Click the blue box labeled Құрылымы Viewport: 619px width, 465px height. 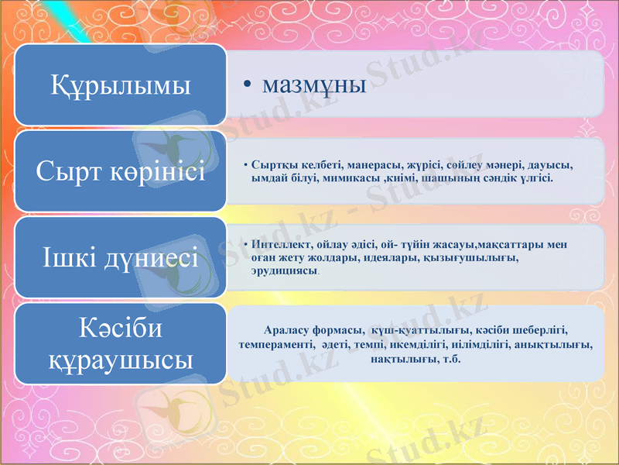pos(120,84)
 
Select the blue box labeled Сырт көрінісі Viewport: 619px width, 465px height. pos(120,171)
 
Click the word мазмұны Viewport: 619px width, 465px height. pos(314,84)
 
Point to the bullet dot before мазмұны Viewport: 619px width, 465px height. pos(245,85)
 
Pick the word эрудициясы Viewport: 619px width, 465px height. pos(284,270)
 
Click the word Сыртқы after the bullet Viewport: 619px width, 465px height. pos(271,166)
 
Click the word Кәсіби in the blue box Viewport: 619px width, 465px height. pos(121,329)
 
